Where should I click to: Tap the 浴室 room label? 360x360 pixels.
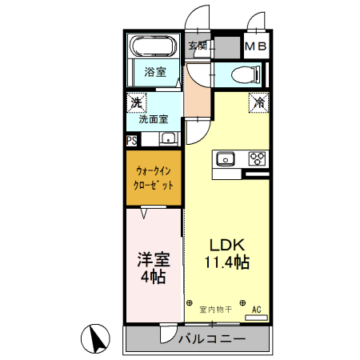coord(155,72)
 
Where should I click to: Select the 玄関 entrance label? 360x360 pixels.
coord(198,46)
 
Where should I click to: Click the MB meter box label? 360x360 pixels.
coord(256,46)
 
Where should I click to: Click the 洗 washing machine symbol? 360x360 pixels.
coord(136,102)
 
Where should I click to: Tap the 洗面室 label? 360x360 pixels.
coord(153,120)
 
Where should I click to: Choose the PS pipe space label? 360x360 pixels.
coord(131,140)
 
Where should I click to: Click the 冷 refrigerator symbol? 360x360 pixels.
coord(258,102)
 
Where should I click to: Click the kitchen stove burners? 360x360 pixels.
coord(258,158)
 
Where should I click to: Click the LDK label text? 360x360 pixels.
coord(226,245)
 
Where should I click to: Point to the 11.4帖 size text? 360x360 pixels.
coord(226,262)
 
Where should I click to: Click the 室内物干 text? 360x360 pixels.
coord(215,308)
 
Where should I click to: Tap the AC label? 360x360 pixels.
coord(257,308)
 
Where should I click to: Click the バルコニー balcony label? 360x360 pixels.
coord(211,339)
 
